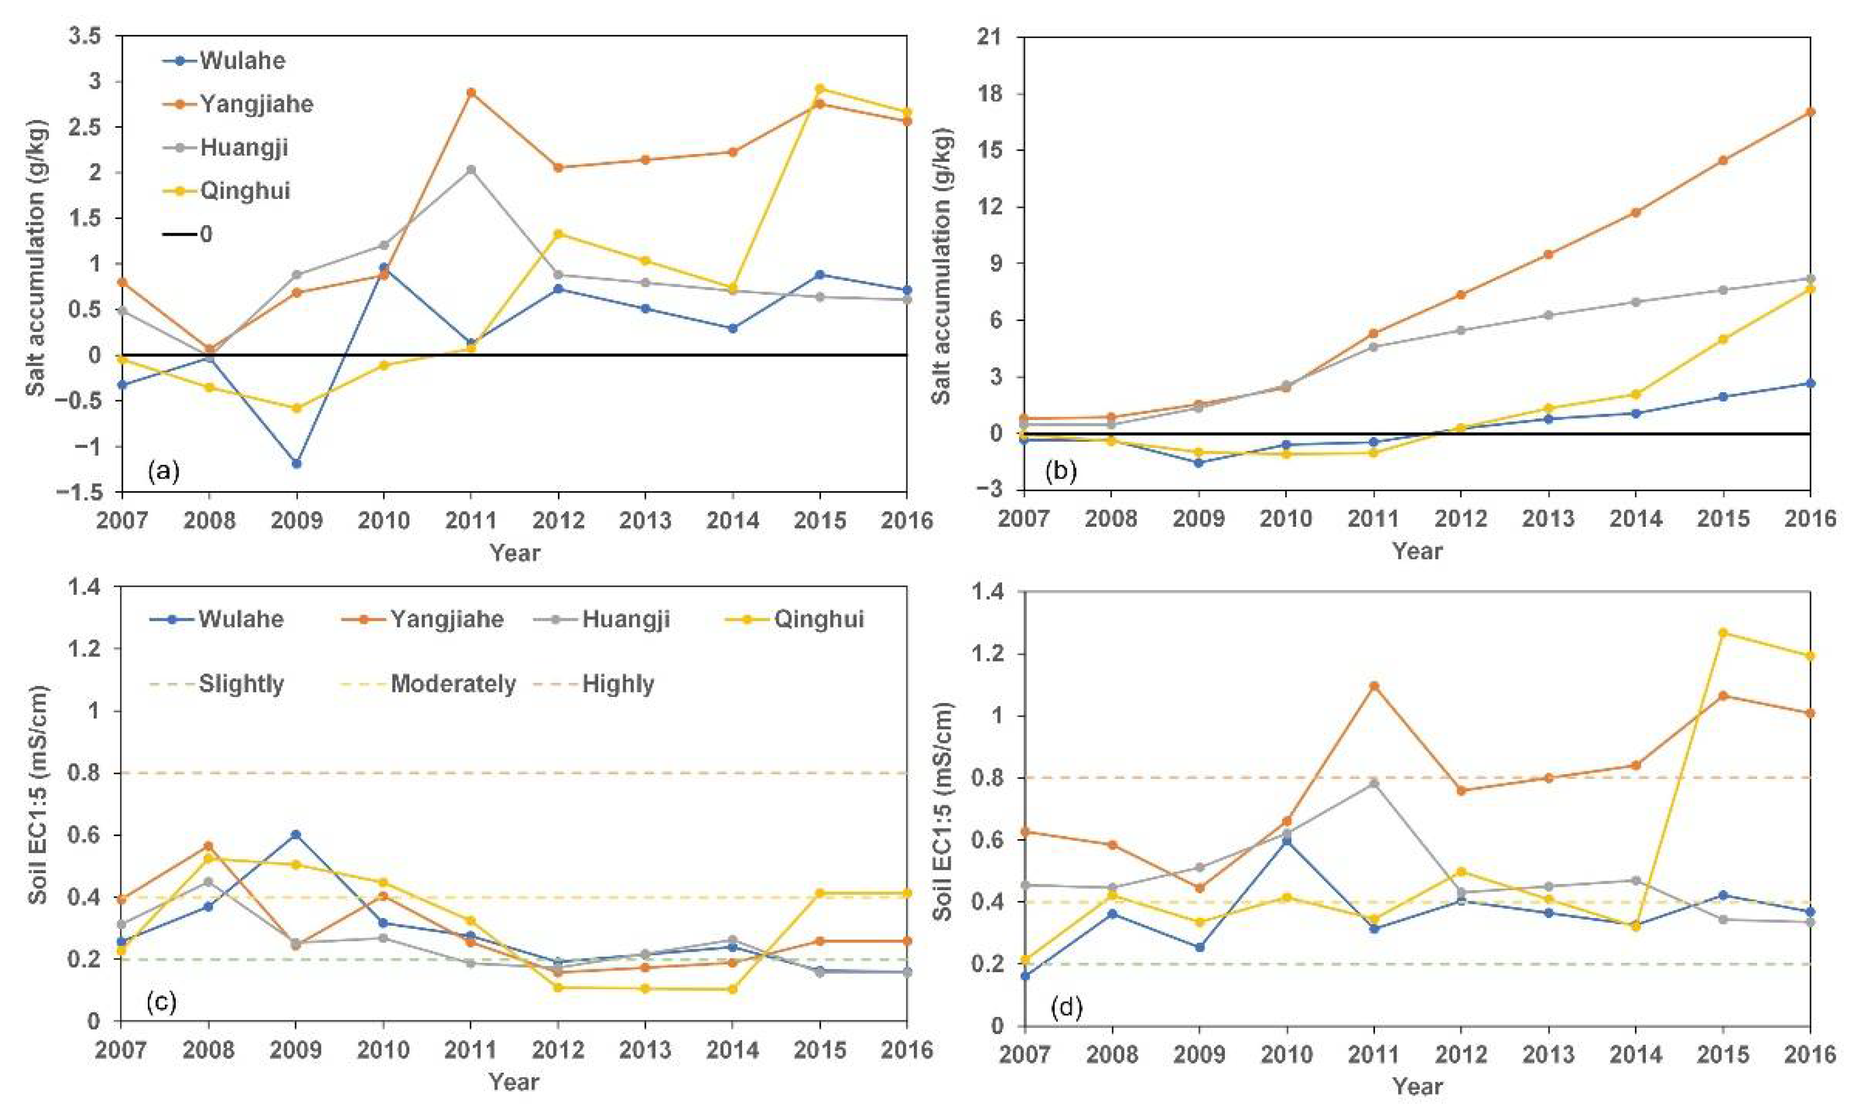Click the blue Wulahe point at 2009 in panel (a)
[296, 463]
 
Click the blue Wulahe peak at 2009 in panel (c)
[296, 834]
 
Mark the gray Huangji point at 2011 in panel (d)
[1374, 783]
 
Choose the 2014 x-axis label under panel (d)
[1637, 1054]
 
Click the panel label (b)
[1059, 471]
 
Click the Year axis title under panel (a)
[515, 553]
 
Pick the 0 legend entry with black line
[188, 234]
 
